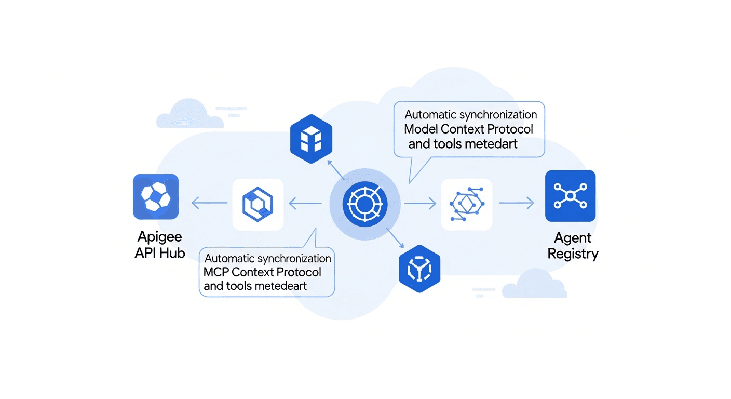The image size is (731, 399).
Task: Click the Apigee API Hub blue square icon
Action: [156, 196]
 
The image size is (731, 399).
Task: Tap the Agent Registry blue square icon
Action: [570, 196]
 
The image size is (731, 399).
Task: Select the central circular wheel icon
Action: [365, 204]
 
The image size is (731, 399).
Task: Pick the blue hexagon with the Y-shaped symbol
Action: [419, 268]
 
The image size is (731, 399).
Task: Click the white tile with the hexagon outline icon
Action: [258, 204]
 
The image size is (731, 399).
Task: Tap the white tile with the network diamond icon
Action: [466, 204]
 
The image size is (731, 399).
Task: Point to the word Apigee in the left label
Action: [160, 237]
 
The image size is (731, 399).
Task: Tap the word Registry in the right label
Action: [573, 254]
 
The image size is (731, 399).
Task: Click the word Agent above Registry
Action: [573, 238]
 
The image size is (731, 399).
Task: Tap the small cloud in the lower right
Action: [535, 284]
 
